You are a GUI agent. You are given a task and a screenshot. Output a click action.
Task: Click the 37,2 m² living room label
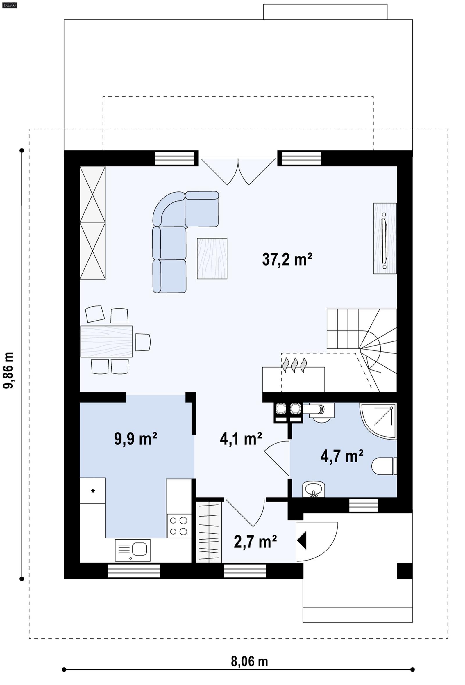coord(287,260)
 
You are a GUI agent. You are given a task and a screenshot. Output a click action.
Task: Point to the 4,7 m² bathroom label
coord(341,456)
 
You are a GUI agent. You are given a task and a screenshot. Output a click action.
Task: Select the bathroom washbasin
coord(313,490)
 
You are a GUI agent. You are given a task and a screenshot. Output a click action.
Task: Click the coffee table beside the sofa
coord(212,259)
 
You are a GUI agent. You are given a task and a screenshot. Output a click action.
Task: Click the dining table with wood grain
coord(106,341)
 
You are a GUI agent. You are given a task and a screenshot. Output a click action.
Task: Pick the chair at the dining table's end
coord(143,342)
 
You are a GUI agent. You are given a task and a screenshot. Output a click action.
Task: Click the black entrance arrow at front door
coord(302,540)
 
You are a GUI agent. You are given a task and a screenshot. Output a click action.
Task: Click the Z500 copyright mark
coord(9,5)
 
